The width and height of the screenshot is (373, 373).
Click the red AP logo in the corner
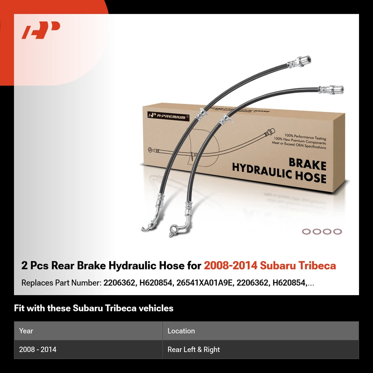coord(41,30)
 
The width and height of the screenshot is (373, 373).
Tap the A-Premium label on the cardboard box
coord(168,116)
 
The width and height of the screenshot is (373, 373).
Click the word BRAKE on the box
coord(307,165)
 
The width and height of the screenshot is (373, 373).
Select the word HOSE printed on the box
coord(311,177)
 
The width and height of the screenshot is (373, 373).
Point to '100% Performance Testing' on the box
coord(305,137)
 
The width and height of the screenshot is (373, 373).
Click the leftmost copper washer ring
coord(306,231)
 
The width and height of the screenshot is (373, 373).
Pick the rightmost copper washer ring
coord(338,231)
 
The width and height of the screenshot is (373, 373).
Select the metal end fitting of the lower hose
coord(331,90)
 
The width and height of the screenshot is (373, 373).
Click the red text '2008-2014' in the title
coord(230,265)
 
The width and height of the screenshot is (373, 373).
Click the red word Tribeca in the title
coord(317,265)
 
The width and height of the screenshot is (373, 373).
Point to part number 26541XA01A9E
coord(204,283)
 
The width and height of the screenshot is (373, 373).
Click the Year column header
coord(26,331)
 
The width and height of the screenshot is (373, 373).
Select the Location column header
coord(181,331)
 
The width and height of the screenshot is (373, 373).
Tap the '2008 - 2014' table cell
coord(38,349)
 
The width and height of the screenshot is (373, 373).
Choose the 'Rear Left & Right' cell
coord(193,349)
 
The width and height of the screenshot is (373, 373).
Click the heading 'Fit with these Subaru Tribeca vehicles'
coord(94,308)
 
